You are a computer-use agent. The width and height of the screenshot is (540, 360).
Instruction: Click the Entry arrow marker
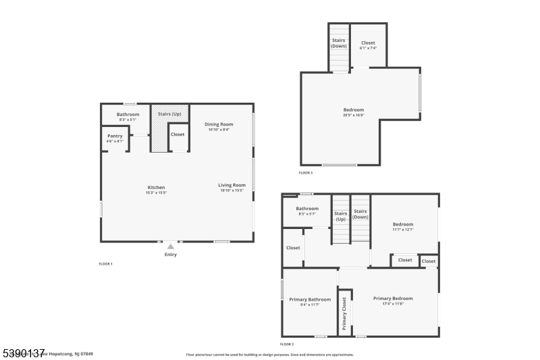171,247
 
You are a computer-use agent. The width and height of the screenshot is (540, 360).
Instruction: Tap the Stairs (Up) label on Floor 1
169,114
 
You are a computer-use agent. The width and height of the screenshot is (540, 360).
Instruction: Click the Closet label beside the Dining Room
178,134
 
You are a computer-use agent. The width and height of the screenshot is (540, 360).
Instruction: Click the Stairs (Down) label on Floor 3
339,43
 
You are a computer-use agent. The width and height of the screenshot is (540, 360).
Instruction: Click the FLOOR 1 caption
106,263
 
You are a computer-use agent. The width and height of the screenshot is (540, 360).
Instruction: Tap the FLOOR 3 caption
306,173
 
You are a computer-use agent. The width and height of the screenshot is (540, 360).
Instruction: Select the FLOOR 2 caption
287,344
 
